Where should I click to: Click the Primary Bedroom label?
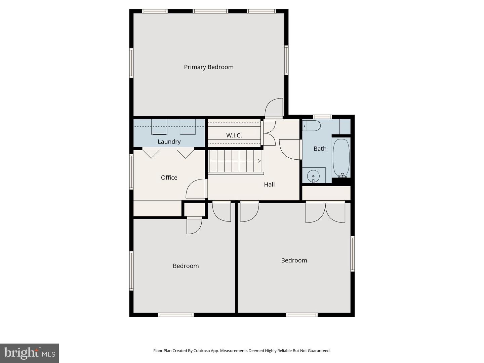point(208,67)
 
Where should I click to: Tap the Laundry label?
point(169,142)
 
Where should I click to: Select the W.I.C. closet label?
point(234,135)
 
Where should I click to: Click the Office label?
point(169,177)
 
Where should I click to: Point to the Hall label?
point(269,184)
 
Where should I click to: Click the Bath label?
point(320,149)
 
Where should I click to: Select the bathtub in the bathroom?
point(341,157)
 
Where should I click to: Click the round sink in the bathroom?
point(313,175)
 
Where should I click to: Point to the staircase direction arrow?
point(259,161)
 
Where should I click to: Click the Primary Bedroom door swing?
point(274,108)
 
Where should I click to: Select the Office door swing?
point(196,189)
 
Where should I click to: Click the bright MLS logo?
point(30,353)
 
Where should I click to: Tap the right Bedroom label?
point(294,260)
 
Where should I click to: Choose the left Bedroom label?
point(186,266)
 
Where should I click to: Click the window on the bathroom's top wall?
point(322,117)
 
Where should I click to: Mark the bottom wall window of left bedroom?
point(176,315)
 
